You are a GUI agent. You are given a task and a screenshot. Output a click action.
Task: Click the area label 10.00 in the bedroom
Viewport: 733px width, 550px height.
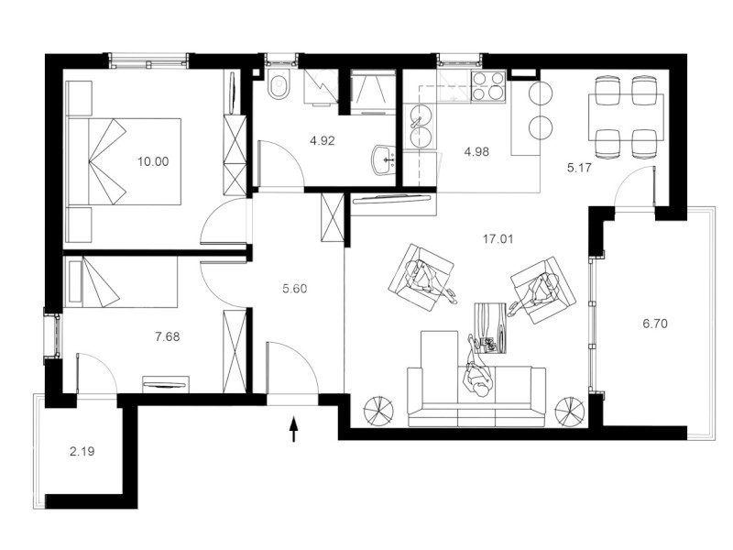click(153, 162)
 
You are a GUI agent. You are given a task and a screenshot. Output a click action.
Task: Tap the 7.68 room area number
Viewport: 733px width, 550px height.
click(168, 336)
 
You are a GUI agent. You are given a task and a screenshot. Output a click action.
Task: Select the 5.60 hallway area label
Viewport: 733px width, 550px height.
click(295, 289)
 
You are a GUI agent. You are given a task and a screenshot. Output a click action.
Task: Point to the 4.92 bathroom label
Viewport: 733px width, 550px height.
click(323, 140)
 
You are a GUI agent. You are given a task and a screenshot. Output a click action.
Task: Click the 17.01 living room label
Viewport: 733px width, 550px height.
click(498, 239)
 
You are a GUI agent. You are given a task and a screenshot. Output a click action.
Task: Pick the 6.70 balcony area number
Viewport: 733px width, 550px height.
click(655, 324)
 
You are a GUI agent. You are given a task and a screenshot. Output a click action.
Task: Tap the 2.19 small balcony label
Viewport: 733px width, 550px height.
click(82, 451)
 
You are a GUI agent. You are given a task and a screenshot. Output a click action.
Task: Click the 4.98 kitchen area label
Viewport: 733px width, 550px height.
click(476, 151)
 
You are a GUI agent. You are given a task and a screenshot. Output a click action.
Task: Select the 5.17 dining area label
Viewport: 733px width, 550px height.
click(580, 168)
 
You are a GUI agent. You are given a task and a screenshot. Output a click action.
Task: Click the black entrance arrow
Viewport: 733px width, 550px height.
click(294, 429)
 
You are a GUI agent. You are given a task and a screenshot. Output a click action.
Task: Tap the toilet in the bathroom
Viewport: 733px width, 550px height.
click(279, 85)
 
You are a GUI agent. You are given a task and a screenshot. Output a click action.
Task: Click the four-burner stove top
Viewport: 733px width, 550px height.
click(488, 86)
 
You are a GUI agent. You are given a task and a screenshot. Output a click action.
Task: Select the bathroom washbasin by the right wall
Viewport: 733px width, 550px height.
click(384, 159)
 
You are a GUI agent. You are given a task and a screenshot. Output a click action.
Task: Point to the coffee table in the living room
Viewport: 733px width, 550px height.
click(490, 328)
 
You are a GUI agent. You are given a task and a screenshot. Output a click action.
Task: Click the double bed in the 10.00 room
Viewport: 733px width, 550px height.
click(125, 162)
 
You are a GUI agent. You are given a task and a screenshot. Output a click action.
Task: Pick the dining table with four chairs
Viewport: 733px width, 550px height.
click(626, 117)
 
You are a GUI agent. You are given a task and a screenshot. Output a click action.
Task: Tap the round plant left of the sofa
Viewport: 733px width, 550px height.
click(377, 410)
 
